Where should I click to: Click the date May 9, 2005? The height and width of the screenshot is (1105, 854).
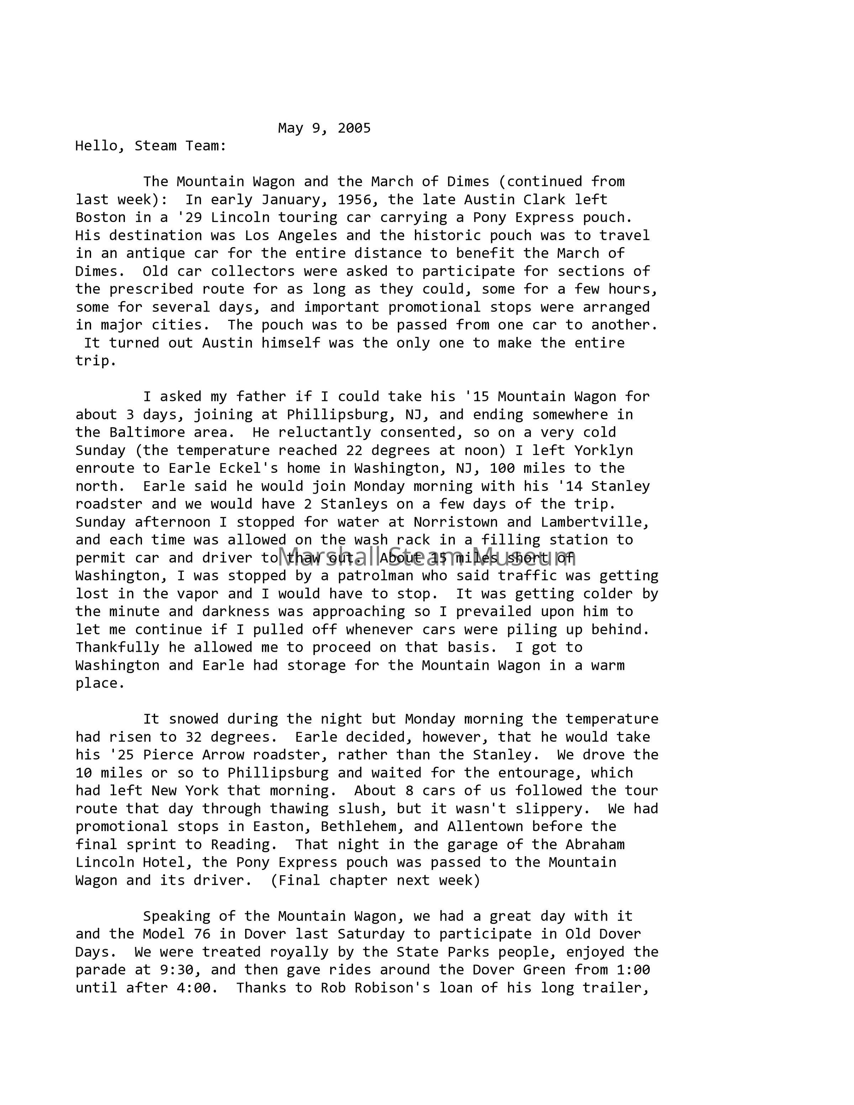pos(324,128)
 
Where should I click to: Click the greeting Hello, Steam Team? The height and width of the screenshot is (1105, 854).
pos(151,146)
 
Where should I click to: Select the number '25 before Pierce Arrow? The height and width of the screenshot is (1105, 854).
pos(121,755)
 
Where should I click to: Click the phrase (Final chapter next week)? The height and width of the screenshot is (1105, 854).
pos(375,881)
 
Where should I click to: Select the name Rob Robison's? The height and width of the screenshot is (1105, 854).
pos(375,988)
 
